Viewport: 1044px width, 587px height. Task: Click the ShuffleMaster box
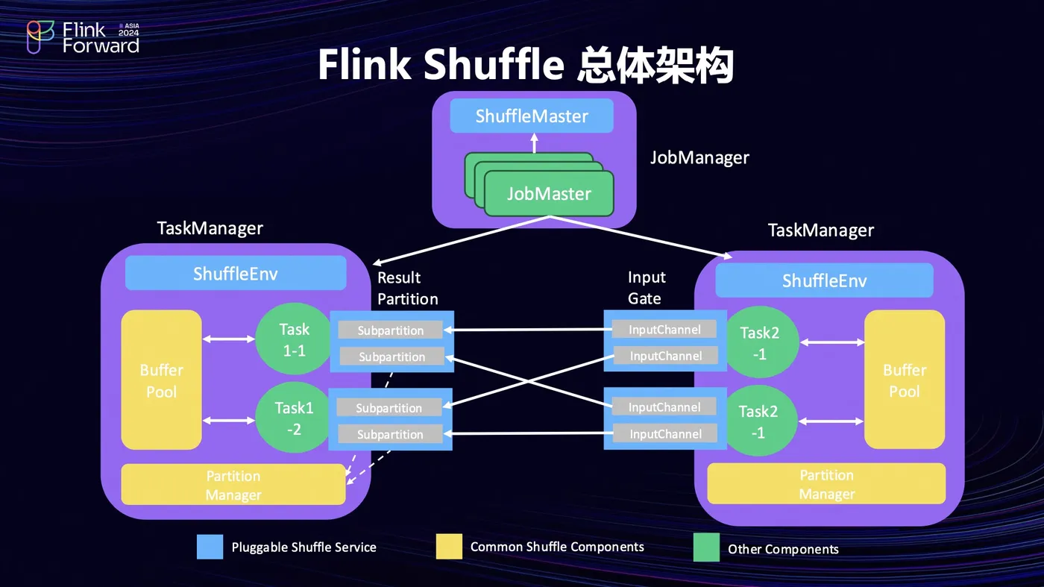click(x=532, y=116)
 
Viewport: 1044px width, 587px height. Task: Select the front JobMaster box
click(x=549, y=194)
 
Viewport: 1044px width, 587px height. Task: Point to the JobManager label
click(x=699, y=158)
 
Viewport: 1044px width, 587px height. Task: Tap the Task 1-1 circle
click(x=294, y=339)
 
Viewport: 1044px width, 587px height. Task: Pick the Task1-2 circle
click(x=294, y=418)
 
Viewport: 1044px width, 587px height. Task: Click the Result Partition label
click(x=407, y=288)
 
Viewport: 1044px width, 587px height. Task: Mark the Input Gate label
click(x=646, y=288)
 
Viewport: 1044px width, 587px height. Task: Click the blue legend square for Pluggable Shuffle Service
click(x=210, y=547)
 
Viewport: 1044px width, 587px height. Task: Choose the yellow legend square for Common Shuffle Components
click(x=449, y=546)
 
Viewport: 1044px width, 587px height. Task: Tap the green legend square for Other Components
click(x=706, y=547)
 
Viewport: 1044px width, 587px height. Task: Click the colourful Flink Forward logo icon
click(x=40, y=37)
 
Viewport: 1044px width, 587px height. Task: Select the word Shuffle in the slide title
click(x=494, y=65)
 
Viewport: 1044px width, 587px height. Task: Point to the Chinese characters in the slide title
click(x=656, y=65)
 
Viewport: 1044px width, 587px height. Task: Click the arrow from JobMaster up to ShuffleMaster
click(x=534, y=143)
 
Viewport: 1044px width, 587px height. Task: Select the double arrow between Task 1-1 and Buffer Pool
click(x=229, y=339)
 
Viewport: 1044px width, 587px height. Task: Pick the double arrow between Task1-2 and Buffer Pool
click(x=229, y=421)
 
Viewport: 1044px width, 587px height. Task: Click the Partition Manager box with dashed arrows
click(x=233, y=485)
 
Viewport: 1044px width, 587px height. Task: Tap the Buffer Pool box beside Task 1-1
click(x=162, y=380)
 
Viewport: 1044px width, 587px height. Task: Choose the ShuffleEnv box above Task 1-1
click(x=236, y=274)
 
